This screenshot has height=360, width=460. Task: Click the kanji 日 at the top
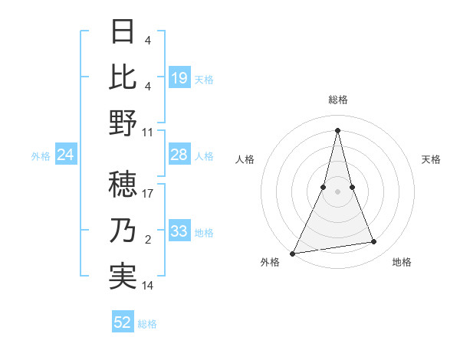point(123,31)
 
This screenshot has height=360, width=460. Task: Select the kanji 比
point(123,77)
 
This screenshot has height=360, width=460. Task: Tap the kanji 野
point(123,122)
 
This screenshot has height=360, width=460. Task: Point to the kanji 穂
point(123,185)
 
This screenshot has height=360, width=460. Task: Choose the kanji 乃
point(123,231)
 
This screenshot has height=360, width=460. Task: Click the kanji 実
point(123,277)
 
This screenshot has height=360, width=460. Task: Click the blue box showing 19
point(179,78)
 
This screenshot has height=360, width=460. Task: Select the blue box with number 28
point(179,155)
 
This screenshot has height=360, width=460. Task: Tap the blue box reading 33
point(179,231)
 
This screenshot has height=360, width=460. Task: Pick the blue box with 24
point(66,155)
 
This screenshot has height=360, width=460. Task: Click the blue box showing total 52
point(123,322)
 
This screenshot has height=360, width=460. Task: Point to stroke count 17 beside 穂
point(148,194)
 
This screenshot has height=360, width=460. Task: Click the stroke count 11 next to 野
point(148,131)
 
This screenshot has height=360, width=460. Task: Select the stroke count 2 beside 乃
point(147,240)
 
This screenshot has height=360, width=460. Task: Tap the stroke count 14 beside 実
point(148,286)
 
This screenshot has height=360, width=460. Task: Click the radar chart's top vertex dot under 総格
point(337,130)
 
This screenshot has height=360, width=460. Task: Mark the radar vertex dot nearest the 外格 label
point(293,253)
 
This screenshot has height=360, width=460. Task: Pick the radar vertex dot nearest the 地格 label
point(374,242)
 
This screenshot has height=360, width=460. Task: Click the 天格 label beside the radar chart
point(432,159)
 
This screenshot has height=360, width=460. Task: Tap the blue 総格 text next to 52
point(147,324)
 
